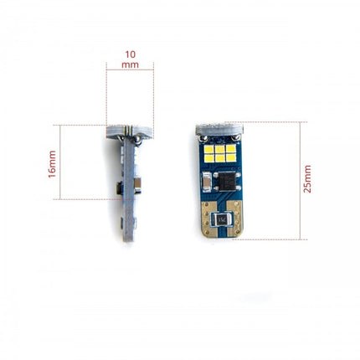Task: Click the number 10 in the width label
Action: click(x=129, y=54)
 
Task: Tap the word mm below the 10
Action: click(x=129, y=64)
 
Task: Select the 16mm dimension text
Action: click(x=52, y=163)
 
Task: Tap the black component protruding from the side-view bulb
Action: click(x=118, y=189)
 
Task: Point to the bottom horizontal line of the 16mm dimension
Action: click(x=88, y=199)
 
